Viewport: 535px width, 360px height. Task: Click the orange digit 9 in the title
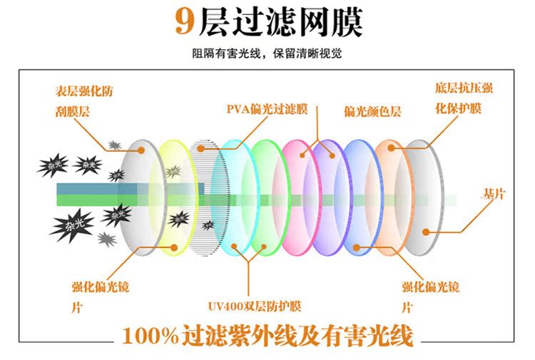(x=184, y=21)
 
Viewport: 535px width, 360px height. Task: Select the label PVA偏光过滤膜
(x=267, y=109)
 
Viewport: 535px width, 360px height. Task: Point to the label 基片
(x=493, y=194)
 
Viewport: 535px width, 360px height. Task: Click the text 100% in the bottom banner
(x=150, y=335)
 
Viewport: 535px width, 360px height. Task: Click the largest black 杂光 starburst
(x=72, y=225)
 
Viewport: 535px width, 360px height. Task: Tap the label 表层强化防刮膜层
(x=83, y=101)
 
